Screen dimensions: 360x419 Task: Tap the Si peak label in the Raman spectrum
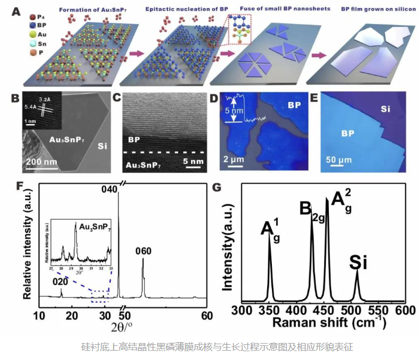click(x=358, y=262)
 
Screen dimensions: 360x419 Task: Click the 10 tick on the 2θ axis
click(x=39, y=316)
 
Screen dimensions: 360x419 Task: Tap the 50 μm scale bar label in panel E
click(x=335, y=161)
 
